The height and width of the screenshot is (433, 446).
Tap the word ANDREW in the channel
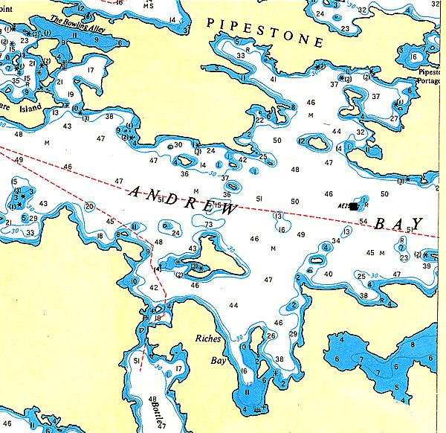(x=184, y=201)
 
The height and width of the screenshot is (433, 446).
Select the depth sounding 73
(x=209, y=224)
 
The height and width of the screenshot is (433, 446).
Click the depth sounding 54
(x=363, y=221)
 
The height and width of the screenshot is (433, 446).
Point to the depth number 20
(x=89, y=206)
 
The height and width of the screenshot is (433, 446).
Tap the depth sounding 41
(x=274, y=79)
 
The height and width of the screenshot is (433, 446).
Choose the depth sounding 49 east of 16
(x=301, y=234)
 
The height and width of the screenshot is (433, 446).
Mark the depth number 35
(x=16, y=80)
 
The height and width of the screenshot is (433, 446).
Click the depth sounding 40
(x=329, y=274)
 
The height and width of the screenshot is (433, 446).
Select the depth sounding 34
(x=336, y=240)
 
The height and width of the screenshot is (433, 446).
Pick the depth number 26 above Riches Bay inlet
(x=271, y=336)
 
